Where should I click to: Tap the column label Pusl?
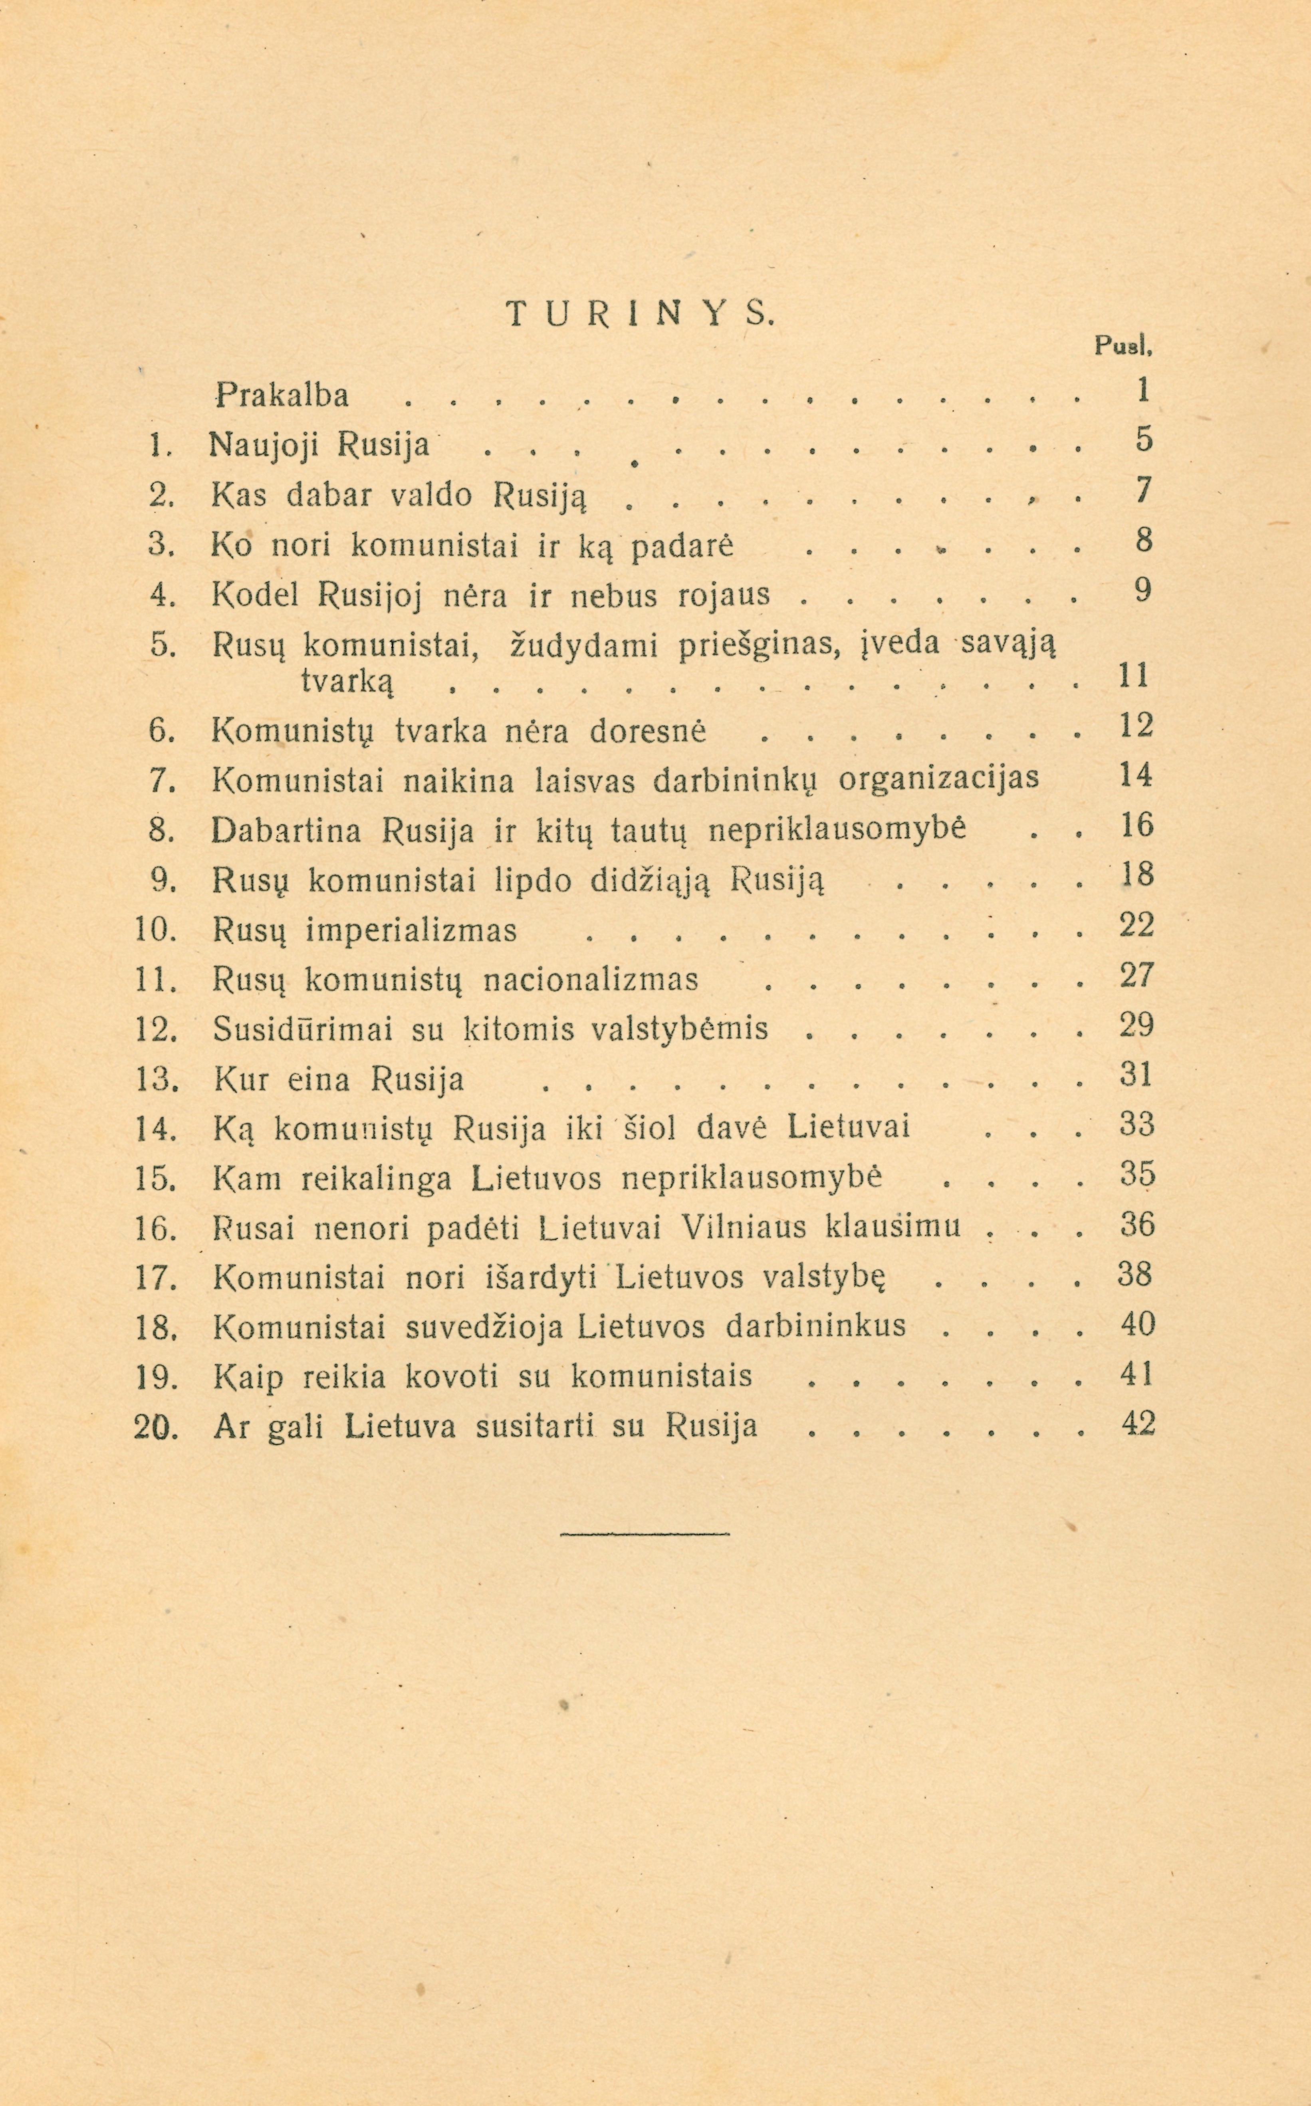click(x=1122, y=347)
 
